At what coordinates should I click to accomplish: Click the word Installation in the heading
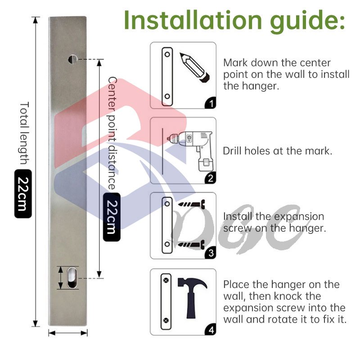[x=193, y=20]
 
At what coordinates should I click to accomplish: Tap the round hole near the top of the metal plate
[x=73, y=59]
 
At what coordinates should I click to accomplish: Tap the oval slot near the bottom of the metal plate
[x=72, y=277]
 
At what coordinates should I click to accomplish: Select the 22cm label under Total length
[x=23, y=193]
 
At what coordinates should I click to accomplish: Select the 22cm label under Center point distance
[x=112, y=217]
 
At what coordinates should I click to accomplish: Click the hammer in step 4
[x=192, y=298]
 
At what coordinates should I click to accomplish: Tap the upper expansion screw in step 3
[x=192, y=204]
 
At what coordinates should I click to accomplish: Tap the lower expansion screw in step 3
[x=192, y=244]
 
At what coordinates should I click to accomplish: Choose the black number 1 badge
[x=211, y=103]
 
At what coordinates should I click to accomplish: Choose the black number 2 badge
[x=211, y=178]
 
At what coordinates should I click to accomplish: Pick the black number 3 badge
[x=211, y=253]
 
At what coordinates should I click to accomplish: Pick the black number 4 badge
[x=211, y=330]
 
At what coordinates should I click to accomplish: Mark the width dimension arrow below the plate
[x=68, y=333]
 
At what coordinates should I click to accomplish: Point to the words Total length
[x=25, y=133]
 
